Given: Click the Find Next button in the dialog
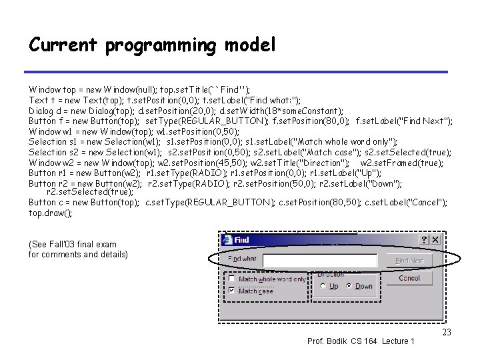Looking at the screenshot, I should pyautogui.click(x=409, y=261).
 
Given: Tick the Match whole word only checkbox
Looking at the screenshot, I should pyautogui.click(x=231, y=279).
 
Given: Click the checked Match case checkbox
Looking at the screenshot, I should pyautogui.click(x=231, y=291).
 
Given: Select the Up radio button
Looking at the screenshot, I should pyautogui.click(x=323, y=286).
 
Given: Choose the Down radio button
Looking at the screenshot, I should pyautogui.click(x=350, y=286).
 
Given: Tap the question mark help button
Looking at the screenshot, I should pyautogui.click(x=422, y=240).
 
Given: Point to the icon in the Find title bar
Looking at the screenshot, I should pyautogui.click(x=227, y=240).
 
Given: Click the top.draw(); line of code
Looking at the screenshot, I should pyautogui.click(x=50, y=213).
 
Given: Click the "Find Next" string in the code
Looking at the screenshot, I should pyautogui.click(x=427, y=121).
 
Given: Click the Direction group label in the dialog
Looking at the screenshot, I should pyautogui.click(x=331, y=274).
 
